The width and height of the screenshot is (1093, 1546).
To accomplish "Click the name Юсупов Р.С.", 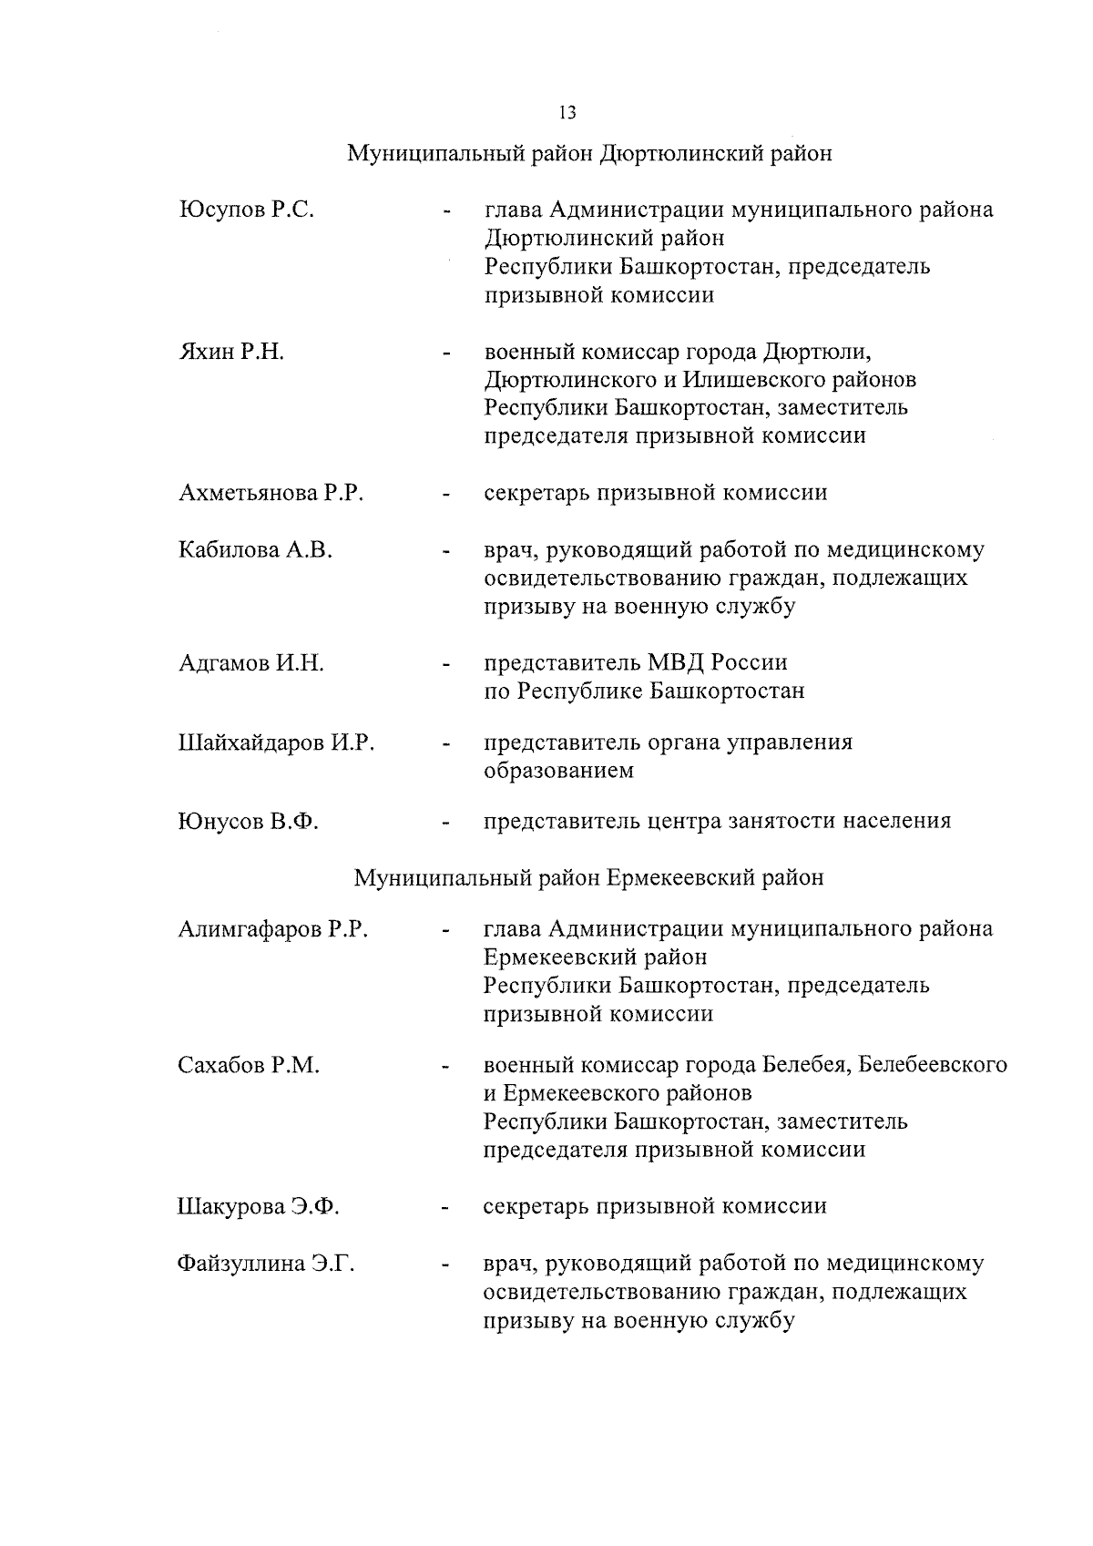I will coord(246,210).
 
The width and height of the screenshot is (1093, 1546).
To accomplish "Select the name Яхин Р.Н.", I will coord(231,352).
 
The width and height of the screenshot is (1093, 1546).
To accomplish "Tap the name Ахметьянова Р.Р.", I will coord(271,494).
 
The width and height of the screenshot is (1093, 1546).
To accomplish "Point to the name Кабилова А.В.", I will coord(255,550).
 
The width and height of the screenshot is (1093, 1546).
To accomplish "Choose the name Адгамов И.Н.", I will coord(250,663).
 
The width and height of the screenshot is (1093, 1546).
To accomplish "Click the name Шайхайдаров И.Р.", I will coord(276,743).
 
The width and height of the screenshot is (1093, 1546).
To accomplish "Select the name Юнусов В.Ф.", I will coord(247,822).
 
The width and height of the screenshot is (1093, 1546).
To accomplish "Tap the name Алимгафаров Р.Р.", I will coord(272,929).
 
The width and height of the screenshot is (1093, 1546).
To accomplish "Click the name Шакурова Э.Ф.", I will coord(258,1207).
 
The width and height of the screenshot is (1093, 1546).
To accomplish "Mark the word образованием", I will coord(558,771).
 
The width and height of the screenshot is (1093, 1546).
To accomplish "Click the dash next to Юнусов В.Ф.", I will coord(445,824).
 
